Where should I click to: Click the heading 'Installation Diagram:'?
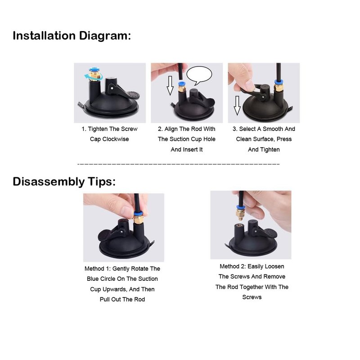(x=72, y=36)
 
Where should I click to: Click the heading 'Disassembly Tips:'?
(x=64, y=182)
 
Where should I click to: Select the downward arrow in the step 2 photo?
(x=170, y=85)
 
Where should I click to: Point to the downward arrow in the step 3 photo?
(x=237, y=105)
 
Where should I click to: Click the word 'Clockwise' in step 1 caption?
(x=116, y=139)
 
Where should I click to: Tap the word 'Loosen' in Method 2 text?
(x=275, y=266)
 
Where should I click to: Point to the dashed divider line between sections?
(x=178, y=164)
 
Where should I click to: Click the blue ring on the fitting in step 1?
(x=94, y=70)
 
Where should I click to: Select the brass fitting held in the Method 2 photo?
(x=240, y=213)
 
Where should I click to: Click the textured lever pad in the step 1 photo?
(x=133, y=94)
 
